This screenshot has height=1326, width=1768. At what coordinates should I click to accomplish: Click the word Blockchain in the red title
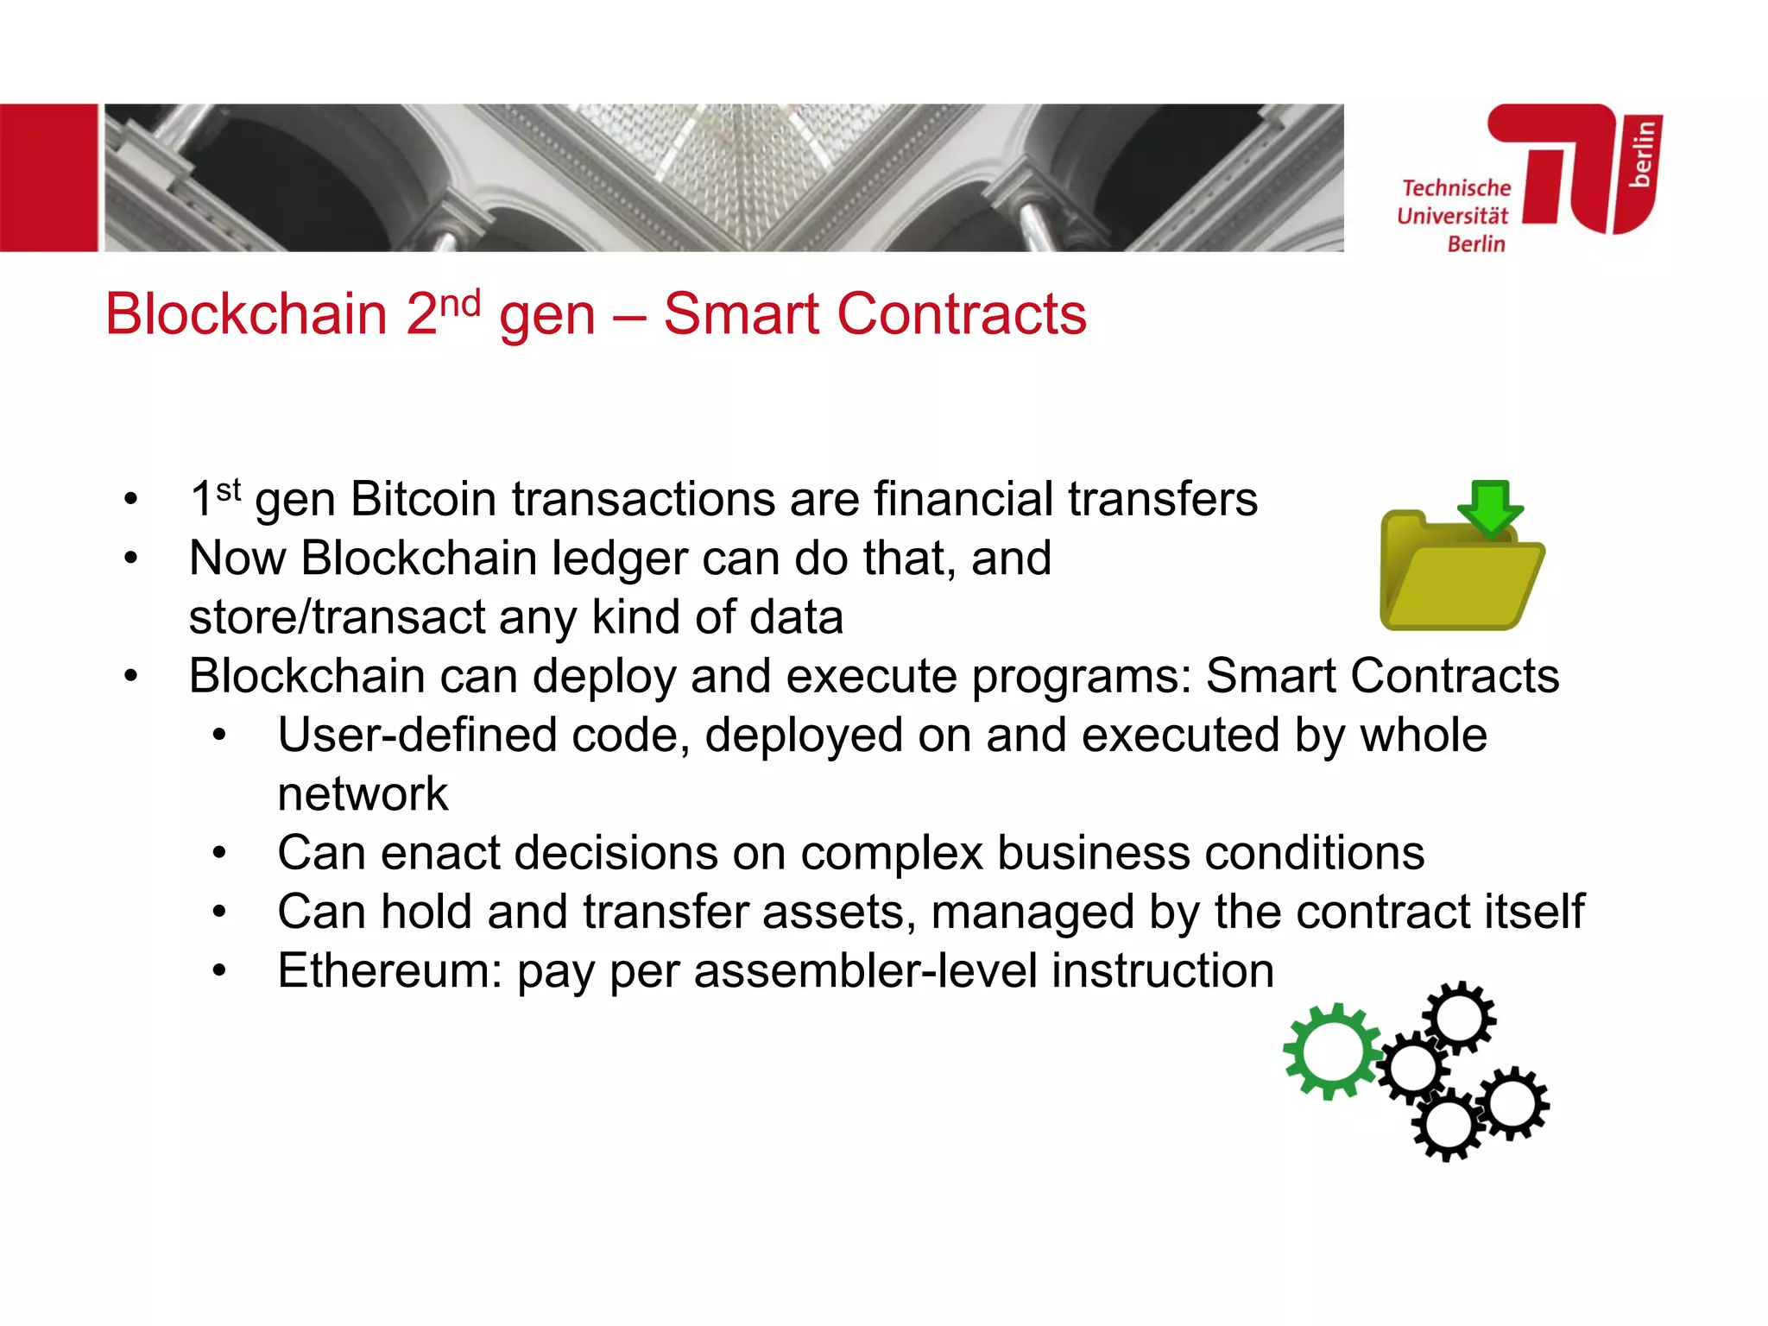point(246,314)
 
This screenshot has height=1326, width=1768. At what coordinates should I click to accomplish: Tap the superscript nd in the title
point(459,303)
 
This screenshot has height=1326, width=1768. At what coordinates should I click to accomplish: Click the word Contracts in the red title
point(961,314)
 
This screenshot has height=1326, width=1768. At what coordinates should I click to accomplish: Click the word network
point(363,794)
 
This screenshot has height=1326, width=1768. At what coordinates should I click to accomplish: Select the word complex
point(891,854)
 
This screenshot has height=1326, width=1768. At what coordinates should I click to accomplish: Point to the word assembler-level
point(865,971)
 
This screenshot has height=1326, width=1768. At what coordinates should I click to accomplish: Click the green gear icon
point(1331,1051)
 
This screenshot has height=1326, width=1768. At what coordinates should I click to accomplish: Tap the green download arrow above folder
point(1490,506)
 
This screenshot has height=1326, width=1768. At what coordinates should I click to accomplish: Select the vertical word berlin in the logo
point(1642,154)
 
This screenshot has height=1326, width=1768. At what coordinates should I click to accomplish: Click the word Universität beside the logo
point(1452,216)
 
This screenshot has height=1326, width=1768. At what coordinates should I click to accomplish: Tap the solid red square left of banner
point(48,178)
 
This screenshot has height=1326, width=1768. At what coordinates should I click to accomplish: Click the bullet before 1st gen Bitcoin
point(130,500)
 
